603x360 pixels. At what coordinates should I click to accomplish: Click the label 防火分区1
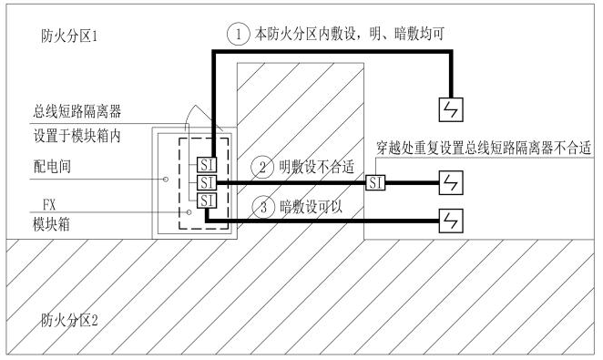pyautogui.click(x=69, y=36)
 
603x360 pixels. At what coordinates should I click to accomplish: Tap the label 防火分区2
pyautogui.click(x=69, y=320)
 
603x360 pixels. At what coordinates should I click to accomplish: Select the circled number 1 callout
pyautogui.click(x=238, y=34)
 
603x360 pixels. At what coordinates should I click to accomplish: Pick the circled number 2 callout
pyautogui.click(x=262, y=168)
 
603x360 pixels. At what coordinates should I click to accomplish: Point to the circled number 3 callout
pyautogui.click(x=263, y=207)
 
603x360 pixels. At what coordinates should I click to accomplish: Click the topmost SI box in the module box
pyautogui.click(x=207, y=165)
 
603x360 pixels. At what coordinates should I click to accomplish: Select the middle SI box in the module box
pyautogui.click(x=207, y=182)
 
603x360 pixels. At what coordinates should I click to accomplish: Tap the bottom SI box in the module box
pyautogui.click(x=207, y=201)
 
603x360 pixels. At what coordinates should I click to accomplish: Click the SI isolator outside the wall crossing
pyautogui.click(x=375, y=182)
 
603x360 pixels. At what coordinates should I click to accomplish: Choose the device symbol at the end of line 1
pyautogui.click(x=451, y=109)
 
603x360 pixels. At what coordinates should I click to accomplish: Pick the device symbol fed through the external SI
pyautogui.click(x=451, y=182)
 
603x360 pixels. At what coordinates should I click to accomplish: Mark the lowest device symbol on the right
pyautogui.click(x=451, y=221)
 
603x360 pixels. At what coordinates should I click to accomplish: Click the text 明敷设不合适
pyautogui.click(x=316, y=168)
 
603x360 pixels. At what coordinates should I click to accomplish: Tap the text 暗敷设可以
pyautogui.click(x=311, y=207)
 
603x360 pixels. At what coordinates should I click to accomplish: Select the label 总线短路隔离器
pyautogui.click(x=77, y=111)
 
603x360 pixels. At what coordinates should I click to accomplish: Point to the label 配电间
pyautogui.click(x=52, y=167)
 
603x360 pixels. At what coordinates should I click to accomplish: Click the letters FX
pyautogui.click(x=49, y=205)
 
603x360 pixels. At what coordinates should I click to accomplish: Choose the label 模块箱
pyautogui.click(x=52, y=224)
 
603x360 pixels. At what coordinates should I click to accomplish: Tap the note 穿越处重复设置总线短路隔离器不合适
pyautogui.click(x=484, y=148)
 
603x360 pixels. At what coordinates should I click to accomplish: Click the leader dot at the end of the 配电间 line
pyautogui.click(x=166, y=179)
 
